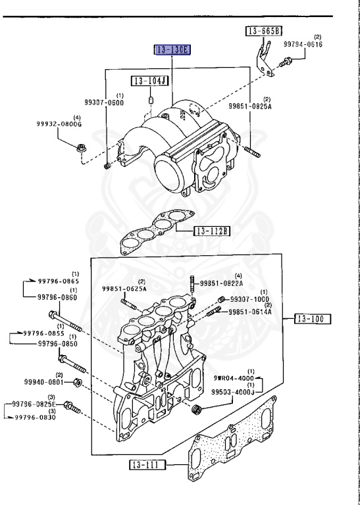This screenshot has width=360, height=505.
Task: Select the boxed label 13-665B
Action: [264, 31]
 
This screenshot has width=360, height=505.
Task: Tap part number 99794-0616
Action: [304, 44]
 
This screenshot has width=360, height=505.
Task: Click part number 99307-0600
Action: [104, 103]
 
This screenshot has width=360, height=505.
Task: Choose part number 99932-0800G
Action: [59, 123]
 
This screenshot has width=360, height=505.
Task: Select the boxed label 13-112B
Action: [211, 231]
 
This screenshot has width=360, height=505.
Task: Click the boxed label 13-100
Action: [312, 320]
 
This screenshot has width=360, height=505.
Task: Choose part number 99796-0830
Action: [37, 417]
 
